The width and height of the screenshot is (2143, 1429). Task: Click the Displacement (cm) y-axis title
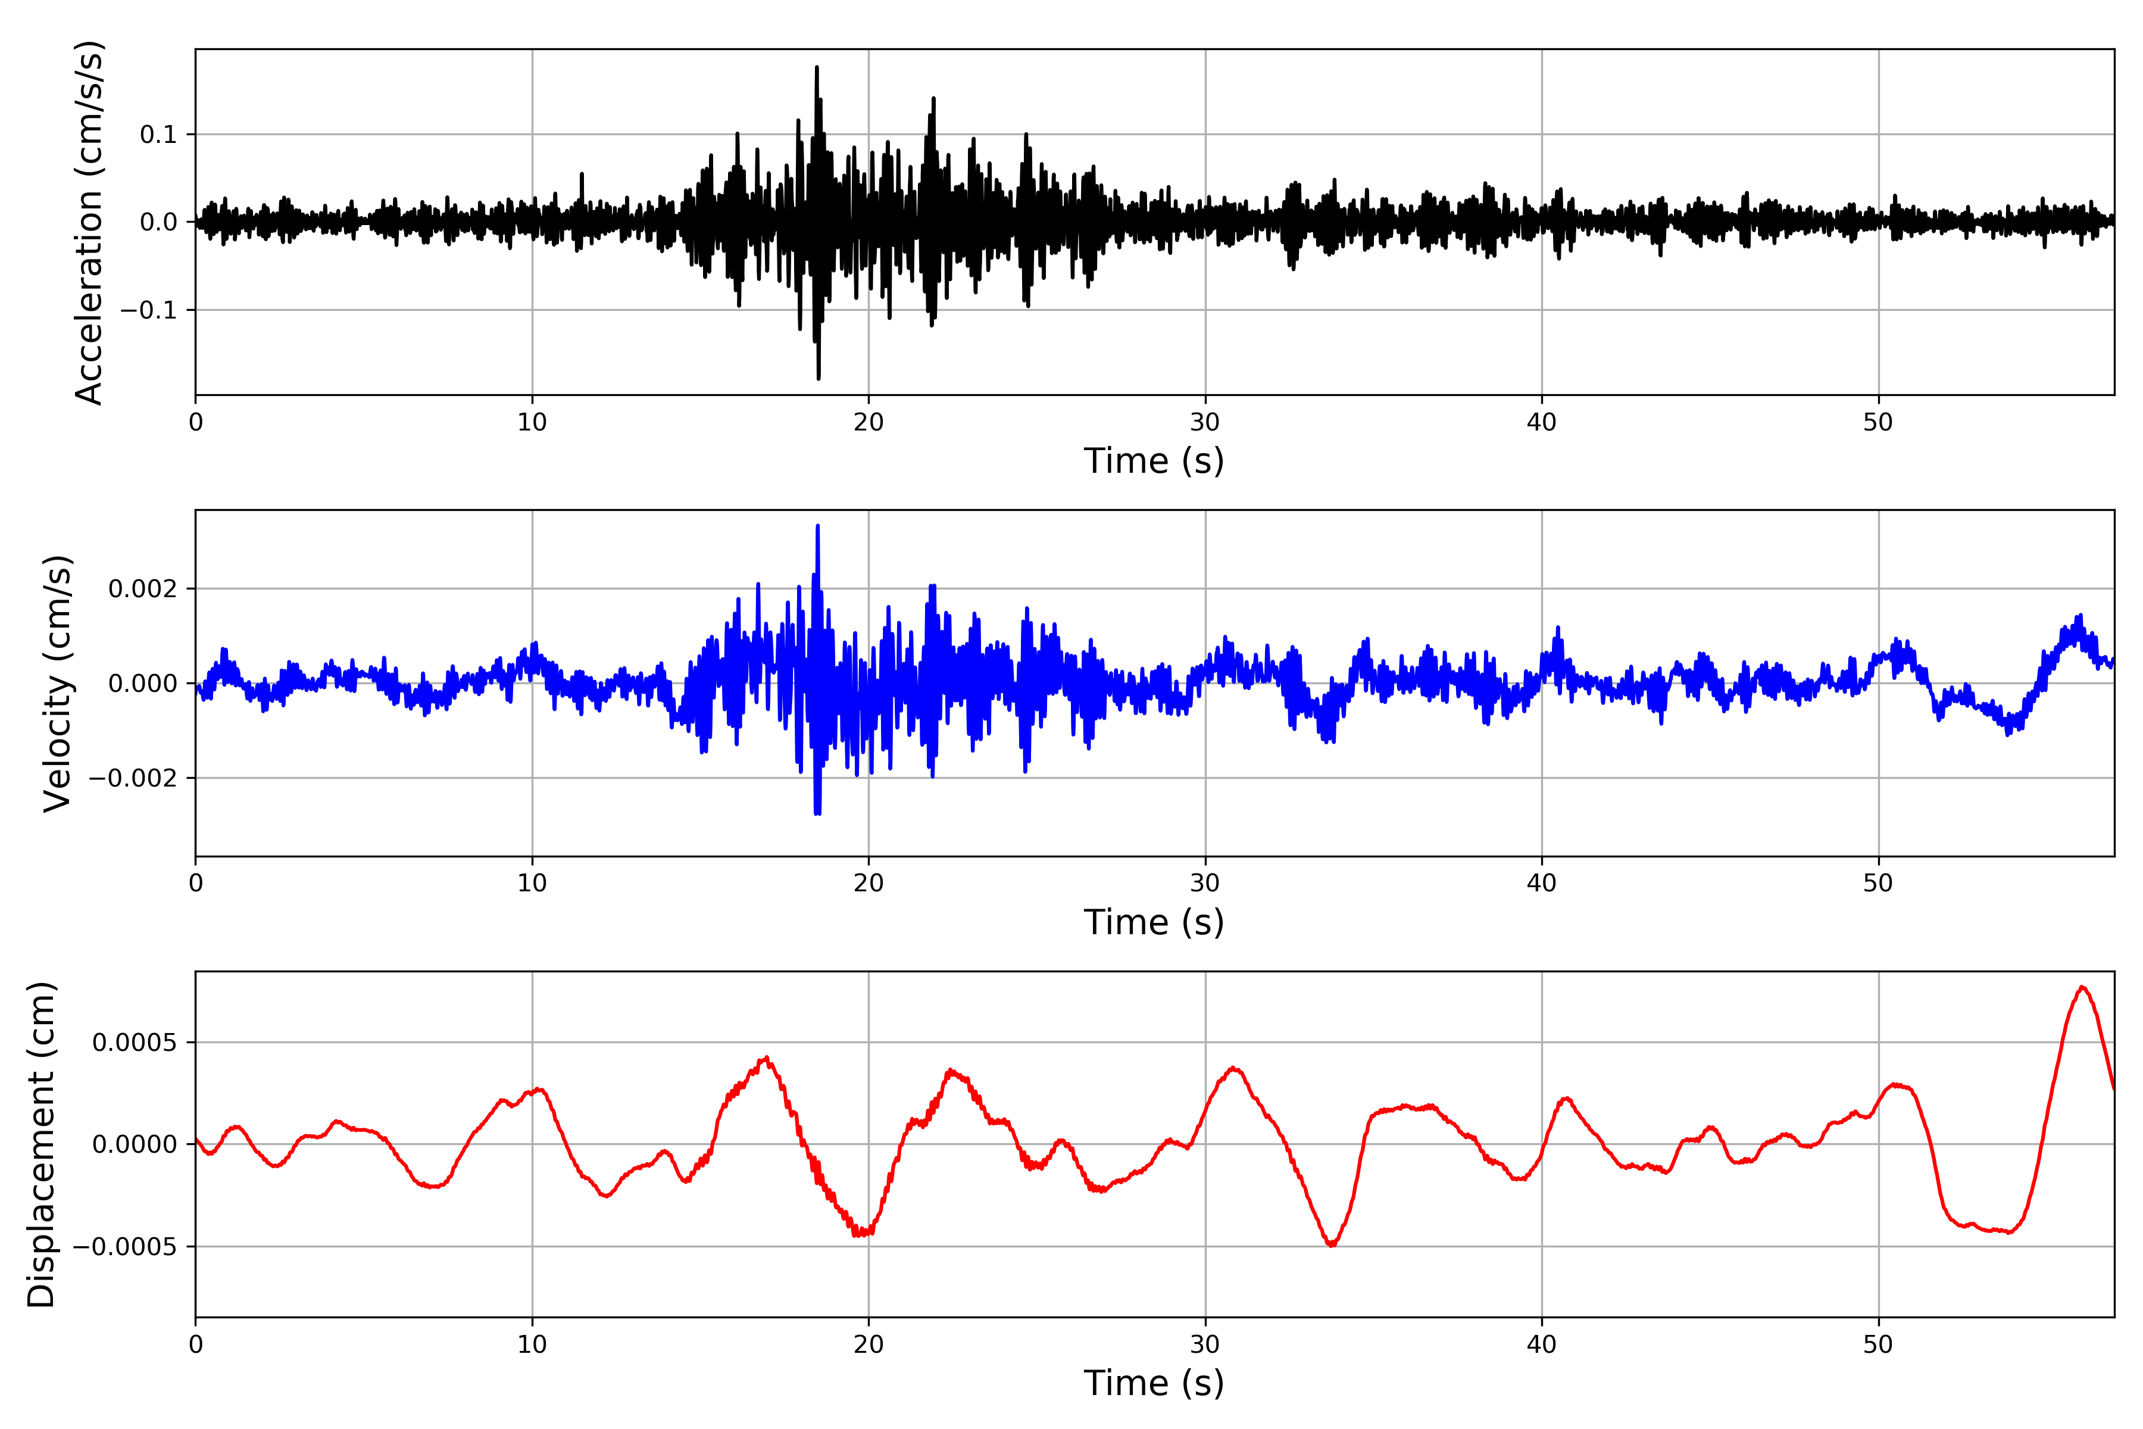[41, 1144]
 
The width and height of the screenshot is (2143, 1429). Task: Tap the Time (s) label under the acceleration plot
[1154, 461]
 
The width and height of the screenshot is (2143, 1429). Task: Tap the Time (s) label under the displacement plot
[1154, 1383]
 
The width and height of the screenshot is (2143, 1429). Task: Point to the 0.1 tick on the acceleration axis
[158, 135]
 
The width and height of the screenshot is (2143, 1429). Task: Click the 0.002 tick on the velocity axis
[142, 589]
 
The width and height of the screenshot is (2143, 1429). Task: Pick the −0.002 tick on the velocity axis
[132, 778]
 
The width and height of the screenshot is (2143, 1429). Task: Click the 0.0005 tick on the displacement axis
[134, 1043]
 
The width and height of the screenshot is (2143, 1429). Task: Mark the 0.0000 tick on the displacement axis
[134, 1144]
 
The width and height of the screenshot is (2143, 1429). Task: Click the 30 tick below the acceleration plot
[1204, 423]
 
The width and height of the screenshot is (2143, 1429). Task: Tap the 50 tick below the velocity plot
[1878, 883]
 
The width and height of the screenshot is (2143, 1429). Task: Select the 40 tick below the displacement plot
[1542, 1344]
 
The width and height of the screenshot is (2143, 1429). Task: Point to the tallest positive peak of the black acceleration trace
[816, 67]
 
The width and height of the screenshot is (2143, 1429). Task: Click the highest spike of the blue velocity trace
[817, 526]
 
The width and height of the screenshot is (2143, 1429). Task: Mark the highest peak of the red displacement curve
[2082, 987]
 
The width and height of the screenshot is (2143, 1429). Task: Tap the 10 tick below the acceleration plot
[532, 423]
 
